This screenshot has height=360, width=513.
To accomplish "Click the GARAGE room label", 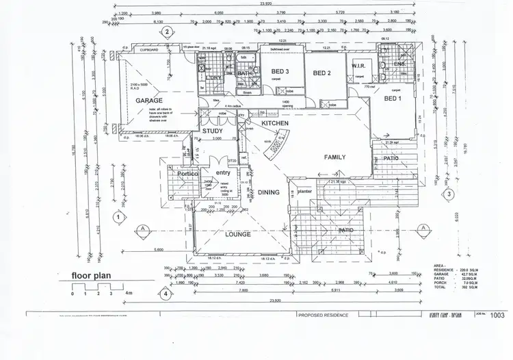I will [148, 100].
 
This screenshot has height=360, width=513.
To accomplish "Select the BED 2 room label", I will [322, 73].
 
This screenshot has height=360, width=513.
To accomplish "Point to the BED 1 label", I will [392, 99].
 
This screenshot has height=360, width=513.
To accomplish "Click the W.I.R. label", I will [360, 66].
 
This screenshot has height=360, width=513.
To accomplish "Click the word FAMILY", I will [335, 157].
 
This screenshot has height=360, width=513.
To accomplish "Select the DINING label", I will [269, 192].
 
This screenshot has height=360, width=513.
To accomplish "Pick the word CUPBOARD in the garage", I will [149, 51].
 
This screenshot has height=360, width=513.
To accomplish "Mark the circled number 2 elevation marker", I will [166, 31].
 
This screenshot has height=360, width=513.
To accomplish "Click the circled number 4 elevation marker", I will [166, 296].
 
